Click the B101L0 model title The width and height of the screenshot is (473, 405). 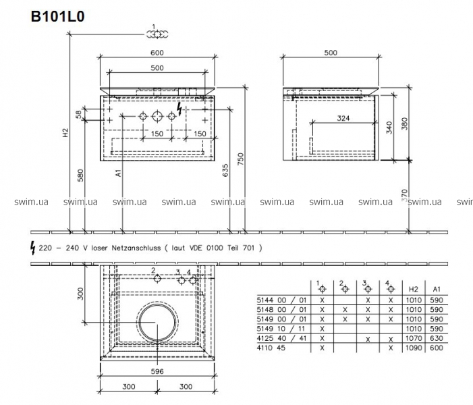pyautogui.click(x=57, y=16)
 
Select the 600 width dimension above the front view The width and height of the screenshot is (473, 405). pyautogui.click(x=157, y=53)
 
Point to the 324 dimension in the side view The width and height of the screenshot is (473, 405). pyautogui.click(x=343, y=118)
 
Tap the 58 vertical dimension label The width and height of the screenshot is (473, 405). pyautogui.click(x=79, y=114)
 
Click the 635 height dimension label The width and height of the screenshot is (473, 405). pyautogui.click(x=225, y=170)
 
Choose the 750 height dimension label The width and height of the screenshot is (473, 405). pyautogui.click(x=240, y=159)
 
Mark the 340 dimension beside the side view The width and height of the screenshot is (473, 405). pyautogui.click(x=389, y=128)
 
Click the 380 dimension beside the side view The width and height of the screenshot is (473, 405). pyautogui.click(x=405, y=124)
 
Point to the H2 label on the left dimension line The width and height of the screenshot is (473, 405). pyautogui.click(x=65, y=133)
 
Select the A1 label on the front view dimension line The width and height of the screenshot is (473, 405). pyautogui.click(x=118, y=173)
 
